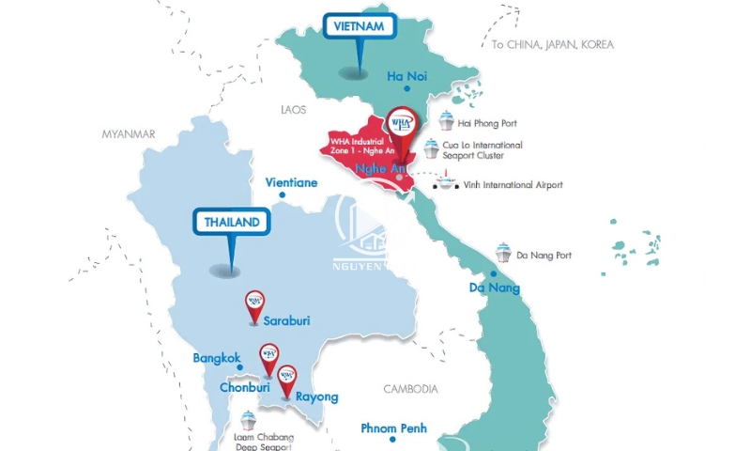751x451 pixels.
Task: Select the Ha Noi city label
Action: [x=408, y=77]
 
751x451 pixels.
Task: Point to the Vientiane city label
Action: [x=292, y=182]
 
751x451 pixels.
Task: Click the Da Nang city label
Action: [x=494, y=288]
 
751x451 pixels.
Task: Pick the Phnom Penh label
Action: [x=394, y=428]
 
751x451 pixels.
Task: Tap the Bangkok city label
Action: [x=217, y=358]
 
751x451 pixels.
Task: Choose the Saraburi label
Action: [x=286, y=320]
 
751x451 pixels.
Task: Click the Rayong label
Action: [x=316, y=397]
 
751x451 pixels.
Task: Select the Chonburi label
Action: [x=245, y=387]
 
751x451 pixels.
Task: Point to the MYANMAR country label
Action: [x=128, y=134]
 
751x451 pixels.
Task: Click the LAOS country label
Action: [x=294, y=110]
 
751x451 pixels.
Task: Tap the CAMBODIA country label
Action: [x=410, y=388]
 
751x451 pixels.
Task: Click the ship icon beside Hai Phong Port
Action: [x=447, y=121]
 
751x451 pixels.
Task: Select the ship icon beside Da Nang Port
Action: [x=503, y=253]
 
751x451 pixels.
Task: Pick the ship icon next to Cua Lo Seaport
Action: [x=431, y=148]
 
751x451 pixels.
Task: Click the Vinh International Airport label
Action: [x=513, y=185]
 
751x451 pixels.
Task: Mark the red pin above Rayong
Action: [x=287, y=378]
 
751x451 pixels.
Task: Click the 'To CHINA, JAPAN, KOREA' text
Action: [x=553, y=44]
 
